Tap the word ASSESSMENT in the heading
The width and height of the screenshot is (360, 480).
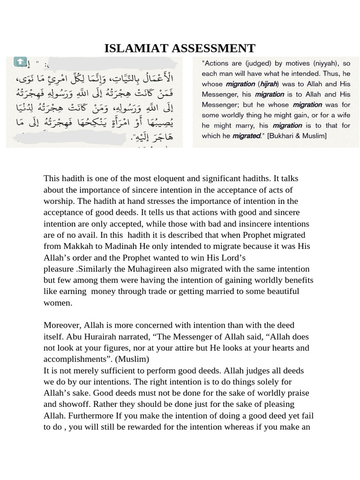click(215, 48)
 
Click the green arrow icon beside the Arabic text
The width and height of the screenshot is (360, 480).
click(20, 61)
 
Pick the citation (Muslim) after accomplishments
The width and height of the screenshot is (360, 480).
click(133, 359)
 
